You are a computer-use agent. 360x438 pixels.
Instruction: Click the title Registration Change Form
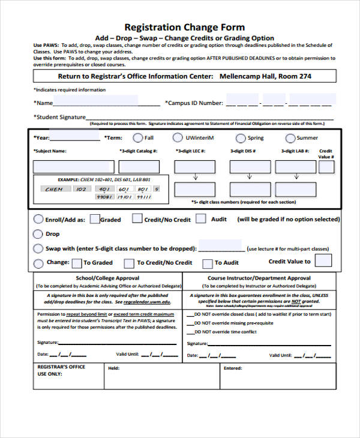(x=184, y=27)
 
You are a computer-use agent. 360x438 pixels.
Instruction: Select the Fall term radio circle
(x=138, y=138)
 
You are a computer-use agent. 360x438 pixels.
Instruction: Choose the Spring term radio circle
(x=241, y=138)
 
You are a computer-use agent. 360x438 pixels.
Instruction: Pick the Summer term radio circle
(x=290, y=138)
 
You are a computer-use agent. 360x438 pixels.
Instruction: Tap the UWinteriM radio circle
(x=178, y=138)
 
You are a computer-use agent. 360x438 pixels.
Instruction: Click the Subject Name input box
(x=73, y=167)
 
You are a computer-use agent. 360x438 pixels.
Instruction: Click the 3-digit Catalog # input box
(x=139, y=167)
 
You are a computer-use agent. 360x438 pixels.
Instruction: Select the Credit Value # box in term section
(x=327, y=167)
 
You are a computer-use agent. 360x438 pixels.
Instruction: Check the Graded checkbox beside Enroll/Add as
(x=94, y=219)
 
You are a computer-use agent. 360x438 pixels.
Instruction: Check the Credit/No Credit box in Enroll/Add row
(x=137, y=219)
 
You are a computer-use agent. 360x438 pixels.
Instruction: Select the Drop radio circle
(x=38, y=234)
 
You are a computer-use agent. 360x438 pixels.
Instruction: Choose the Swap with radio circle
(x=38, y=248)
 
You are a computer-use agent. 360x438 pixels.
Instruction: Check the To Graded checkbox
(x=77, y=263)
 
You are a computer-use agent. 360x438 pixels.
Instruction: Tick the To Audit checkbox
(x=208, y=263)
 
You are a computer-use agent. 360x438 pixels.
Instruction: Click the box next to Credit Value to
(x=323, y=260)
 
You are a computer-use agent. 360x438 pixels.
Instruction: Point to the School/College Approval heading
(x=107, y=278)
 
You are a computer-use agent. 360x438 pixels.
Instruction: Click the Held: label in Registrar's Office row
(x=113, y=368)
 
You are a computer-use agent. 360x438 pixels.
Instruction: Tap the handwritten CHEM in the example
(x=54, y=190)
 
